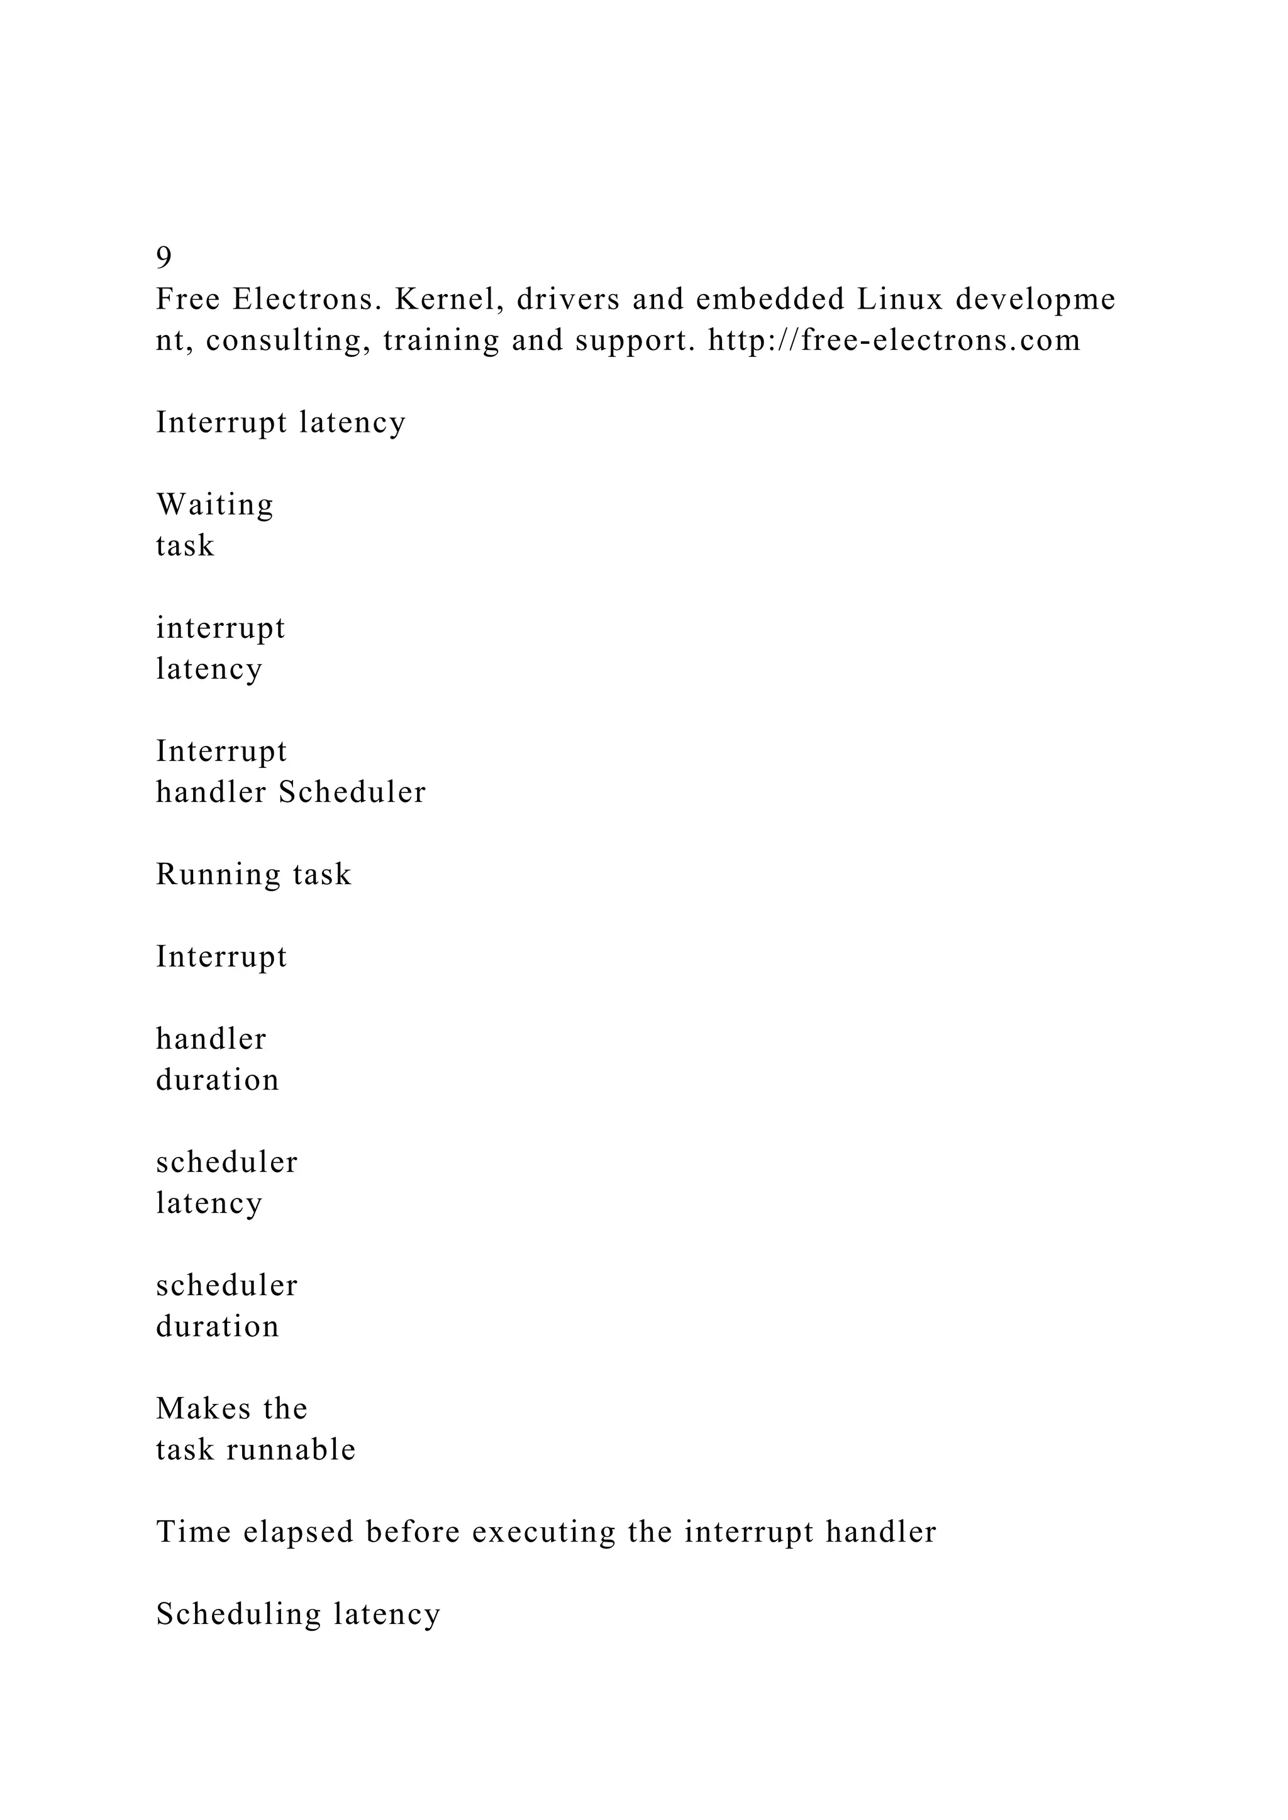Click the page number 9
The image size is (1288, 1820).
(x=164, y=258)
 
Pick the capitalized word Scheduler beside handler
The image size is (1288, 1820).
(x=352, y=792)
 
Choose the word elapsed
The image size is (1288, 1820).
(x=298, y=1532)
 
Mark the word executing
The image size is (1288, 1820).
(x=543, y=1532)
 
